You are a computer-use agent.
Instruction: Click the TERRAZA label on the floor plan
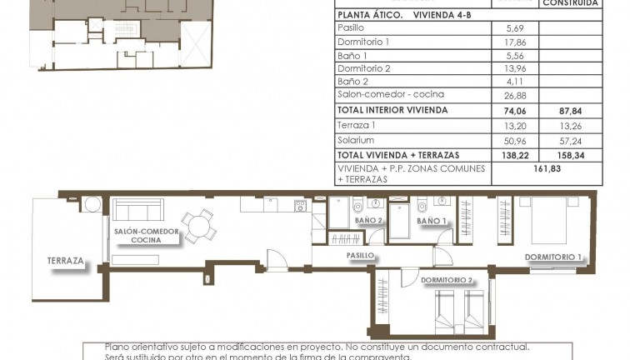(67, 261)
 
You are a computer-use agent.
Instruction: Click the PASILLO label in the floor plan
(360, 256)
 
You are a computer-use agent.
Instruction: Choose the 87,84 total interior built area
(571, 110)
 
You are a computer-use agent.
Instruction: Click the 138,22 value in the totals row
(515, 155)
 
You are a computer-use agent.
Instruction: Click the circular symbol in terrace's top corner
(91, 205)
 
